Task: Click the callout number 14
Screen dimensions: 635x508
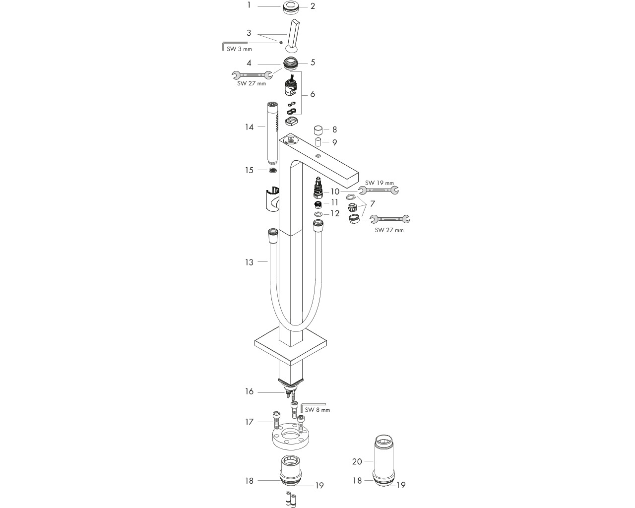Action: tap(250, 127)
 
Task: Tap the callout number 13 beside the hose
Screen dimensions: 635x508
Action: tap(250, 262)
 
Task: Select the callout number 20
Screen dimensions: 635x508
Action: tap(357, 461)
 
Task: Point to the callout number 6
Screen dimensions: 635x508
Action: tap(313, 94)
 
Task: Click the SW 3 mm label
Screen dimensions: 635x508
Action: tap(239, 49)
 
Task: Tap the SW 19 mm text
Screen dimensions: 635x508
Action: tap(380, 183)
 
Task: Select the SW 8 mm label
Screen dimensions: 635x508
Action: tap(317, 410)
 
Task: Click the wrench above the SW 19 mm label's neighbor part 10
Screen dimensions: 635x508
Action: tap(379, 190)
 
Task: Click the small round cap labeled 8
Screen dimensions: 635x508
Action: tap(318, 130)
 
